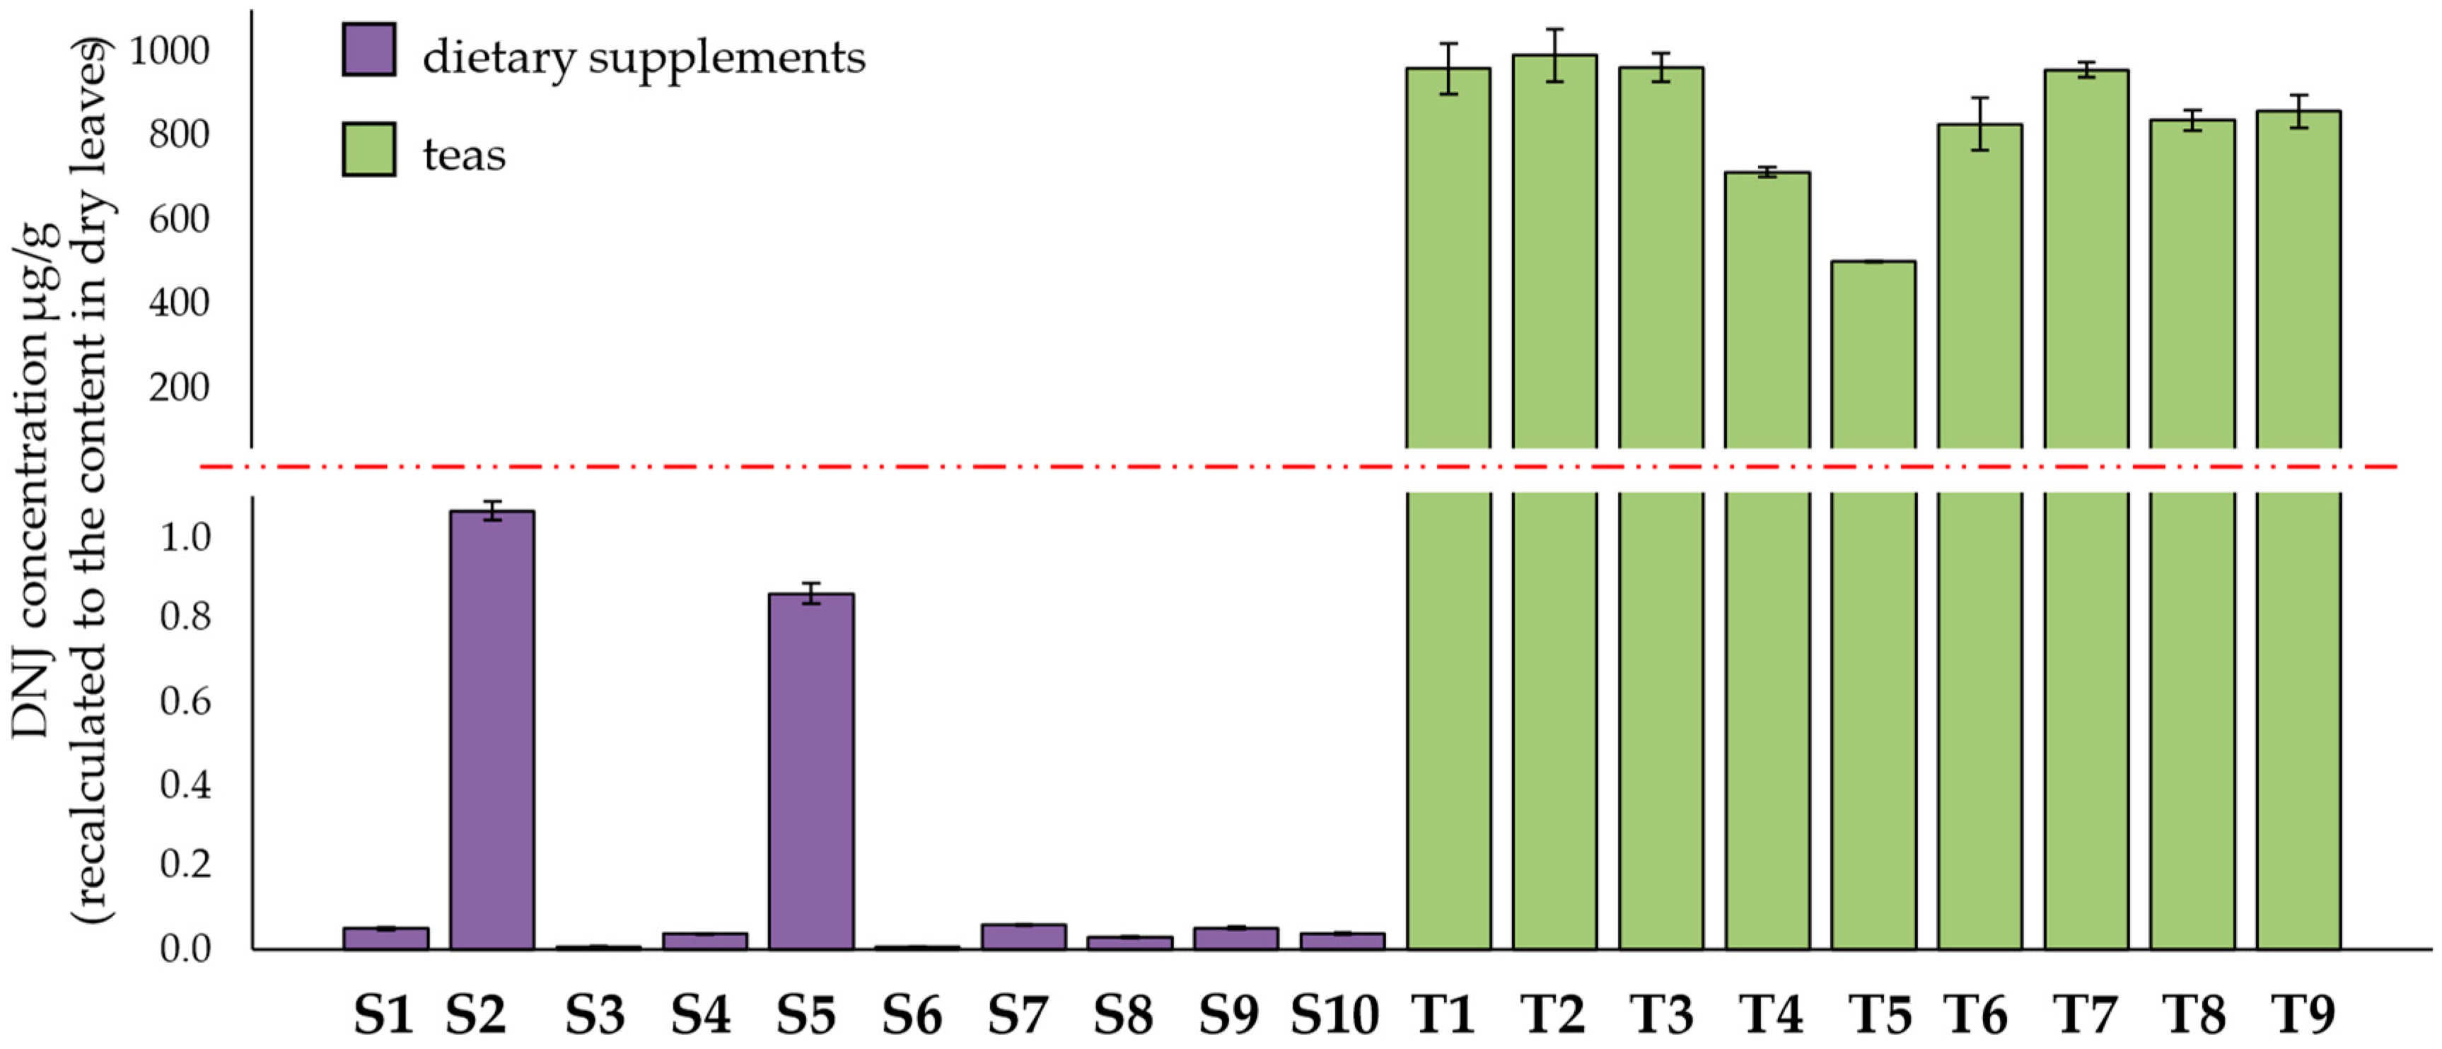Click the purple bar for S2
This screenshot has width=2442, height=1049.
point(492,729)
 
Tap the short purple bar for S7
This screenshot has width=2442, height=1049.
point(1024,936)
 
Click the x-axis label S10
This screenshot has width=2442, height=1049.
point(1334,1016)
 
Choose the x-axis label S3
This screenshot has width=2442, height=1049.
point(595,1016)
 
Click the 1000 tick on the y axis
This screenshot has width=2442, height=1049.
point(169,51)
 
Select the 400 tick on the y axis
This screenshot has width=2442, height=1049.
point(178,303)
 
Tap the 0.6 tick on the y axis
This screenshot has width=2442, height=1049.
point(185,701)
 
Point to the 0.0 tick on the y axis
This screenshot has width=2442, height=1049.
point(185,949)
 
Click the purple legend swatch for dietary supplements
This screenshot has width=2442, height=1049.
point(368,49)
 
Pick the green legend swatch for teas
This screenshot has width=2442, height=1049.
point(368,148)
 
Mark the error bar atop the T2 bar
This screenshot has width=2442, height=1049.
point(1554,55)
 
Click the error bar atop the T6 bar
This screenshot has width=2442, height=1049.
point(1979,124)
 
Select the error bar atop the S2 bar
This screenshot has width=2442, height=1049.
point(492,512)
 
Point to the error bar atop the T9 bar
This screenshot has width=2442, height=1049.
point(2299,111)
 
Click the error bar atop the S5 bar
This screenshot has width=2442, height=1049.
point(811,594)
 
